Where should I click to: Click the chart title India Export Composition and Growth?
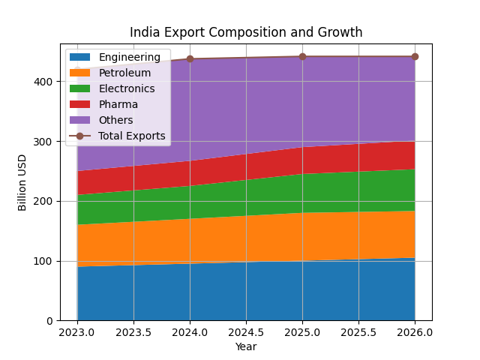[x=246, y=32]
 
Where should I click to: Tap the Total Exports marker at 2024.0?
[x=190, y=58]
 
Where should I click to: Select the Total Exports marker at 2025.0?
[x=302, y=56]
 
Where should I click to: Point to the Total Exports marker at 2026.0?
[x=415, y=56]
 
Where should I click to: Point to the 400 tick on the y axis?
[x=46, y=81]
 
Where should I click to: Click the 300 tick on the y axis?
[x=46, y=141]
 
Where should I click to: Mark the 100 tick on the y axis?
[x=46, y=261]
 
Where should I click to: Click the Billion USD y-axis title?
[x=22, y=182]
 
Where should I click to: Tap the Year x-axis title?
[x=246, y=346]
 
